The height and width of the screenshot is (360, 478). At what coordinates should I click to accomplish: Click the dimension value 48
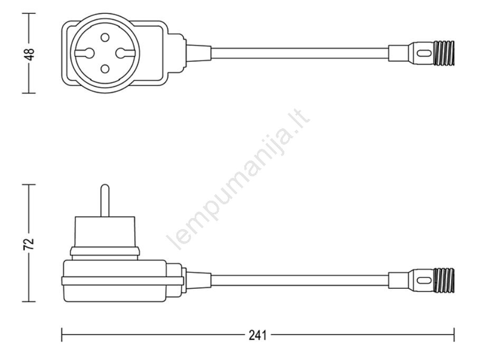[x=31, y=54]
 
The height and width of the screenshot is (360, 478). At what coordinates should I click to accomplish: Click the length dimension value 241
[x=257, y=335]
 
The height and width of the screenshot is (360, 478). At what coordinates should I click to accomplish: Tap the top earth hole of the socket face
[x=105, y=37]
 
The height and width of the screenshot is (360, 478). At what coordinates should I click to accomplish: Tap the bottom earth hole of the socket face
[x=105, y=69]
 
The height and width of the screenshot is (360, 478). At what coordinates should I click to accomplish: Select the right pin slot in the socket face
[x=125, y=53]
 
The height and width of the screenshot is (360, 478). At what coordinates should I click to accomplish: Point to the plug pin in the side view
[x=105, y=201]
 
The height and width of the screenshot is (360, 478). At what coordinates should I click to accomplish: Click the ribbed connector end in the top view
[x=444, y=53]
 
